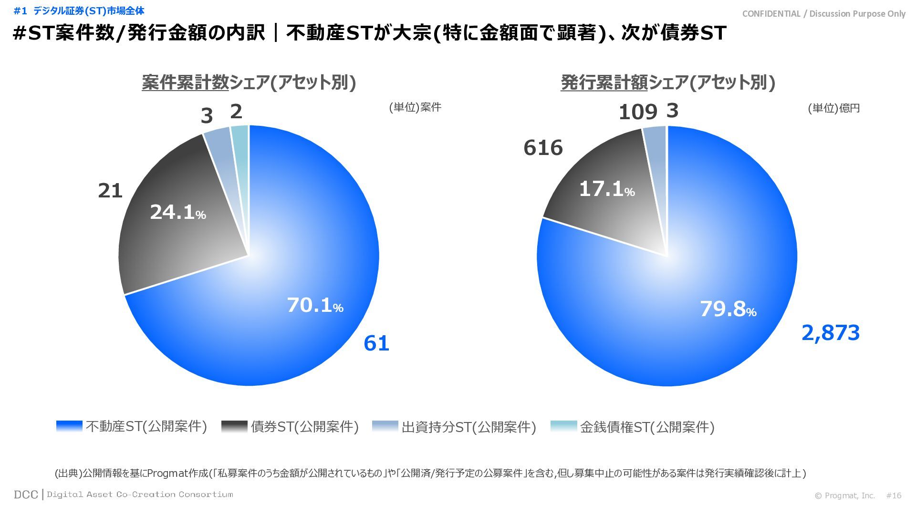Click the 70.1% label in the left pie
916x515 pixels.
(x=315, y=306)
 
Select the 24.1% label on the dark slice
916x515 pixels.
(x=177, y=212)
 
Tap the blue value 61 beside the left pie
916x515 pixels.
(x=376, y=343)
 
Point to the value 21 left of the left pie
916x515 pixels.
(x=110, y=191)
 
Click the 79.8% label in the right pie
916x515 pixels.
(x=728, y=309)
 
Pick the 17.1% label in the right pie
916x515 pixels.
(x=606, y=189)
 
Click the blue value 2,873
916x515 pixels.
(x=830, y=333)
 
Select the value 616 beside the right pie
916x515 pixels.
(x=543, y=148)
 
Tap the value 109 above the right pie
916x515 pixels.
(x=638, y=113)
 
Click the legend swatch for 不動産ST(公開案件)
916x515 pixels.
(x=69, y=426)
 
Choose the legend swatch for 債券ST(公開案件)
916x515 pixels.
(x=234, y=426)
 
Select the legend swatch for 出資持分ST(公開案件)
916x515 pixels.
(x=385, y=426)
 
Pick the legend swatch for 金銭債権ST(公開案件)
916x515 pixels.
(x=563, y=426)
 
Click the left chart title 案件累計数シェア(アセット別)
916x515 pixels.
(x=249, y=82)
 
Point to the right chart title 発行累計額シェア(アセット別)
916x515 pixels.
(x=667, y=82)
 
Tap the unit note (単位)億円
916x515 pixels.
(x=833, y=108)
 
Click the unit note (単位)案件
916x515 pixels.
(x=415, y=107)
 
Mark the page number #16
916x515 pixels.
(x=894, y=495)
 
